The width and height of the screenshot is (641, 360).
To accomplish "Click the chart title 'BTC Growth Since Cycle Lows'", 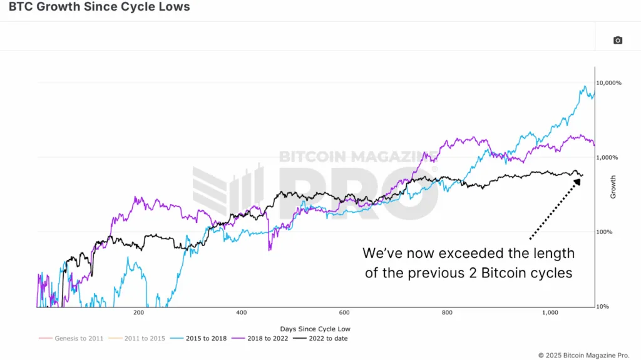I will pyautogui.click(x=100, y=8).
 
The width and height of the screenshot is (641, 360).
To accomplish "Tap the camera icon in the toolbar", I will pyautogui.click(x=618, y=40).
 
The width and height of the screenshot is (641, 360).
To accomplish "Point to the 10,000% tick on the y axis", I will pyautogui.click(x=608, y=83).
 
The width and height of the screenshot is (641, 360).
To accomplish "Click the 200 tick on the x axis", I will pyautogui.click(x=139, y=312).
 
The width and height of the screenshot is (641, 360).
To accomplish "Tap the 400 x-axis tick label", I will pyautogui.click(x=242, y=312).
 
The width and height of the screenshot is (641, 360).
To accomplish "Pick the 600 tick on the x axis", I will pyautogui.click(x=344, y=312).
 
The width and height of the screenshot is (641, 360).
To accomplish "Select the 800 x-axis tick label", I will pyautogui.click(x=447, y=312).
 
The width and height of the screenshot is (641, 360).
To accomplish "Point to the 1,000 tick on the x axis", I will pyautogui.click(x=550, y=312).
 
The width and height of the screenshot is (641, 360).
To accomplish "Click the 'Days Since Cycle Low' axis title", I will pyautogui.click(x=315, y=329).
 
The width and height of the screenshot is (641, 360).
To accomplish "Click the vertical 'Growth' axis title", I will pyautogui.click(x=613, y=187).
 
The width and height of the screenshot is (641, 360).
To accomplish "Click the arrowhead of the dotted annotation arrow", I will pyautogui.click(x=577, y=181).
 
